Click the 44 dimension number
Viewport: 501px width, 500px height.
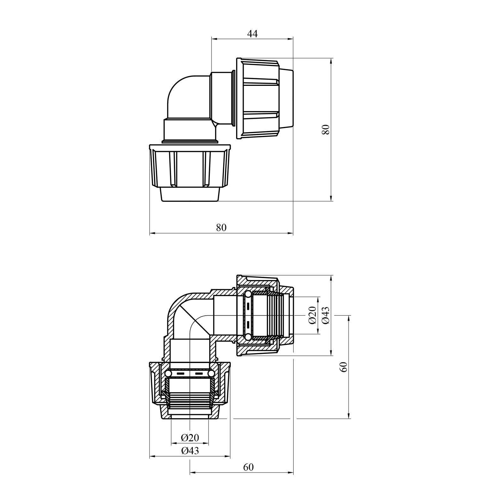point(252,33)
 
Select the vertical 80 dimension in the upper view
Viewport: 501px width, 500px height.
point(326,129)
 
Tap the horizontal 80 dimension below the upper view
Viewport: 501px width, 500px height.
point(221,227)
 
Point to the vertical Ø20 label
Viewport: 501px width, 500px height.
point(312,315)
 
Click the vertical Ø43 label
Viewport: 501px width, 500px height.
point(326,315)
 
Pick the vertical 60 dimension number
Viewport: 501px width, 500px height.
point(344,367)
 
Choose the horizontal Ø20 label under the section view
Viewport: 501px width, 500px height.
point(190,437)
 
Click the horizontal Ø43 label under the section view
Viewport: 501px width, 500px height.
point(190,451)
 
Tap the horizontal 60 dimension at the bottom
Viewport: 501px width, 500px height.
point(248,467)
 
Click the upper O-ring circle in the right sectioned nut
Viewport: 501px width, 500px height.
point(248,295)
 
